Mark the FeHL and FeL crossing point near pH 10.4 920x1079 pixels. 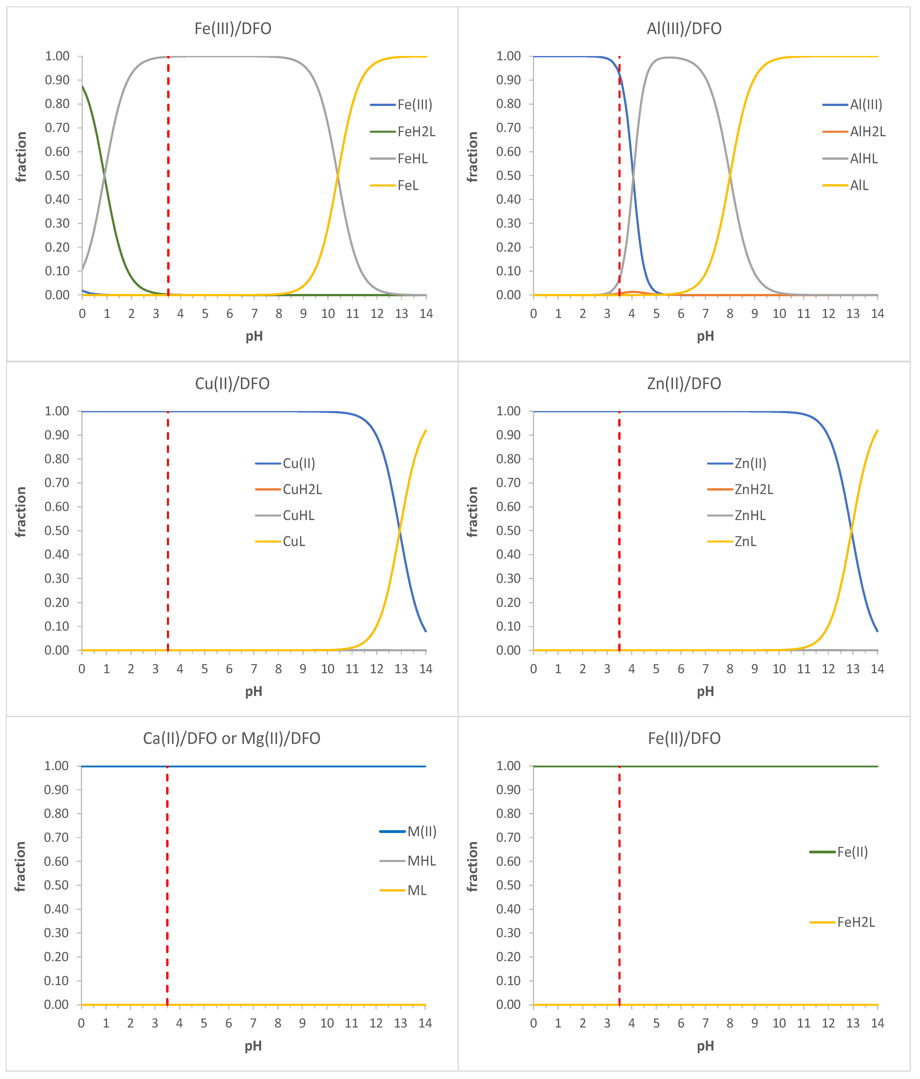click(337, 175)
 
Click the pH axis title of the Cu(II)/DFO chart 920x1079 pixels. click(254, 692)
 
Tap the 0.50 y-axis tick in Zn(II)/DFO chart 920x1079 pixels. click(508, 531)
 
